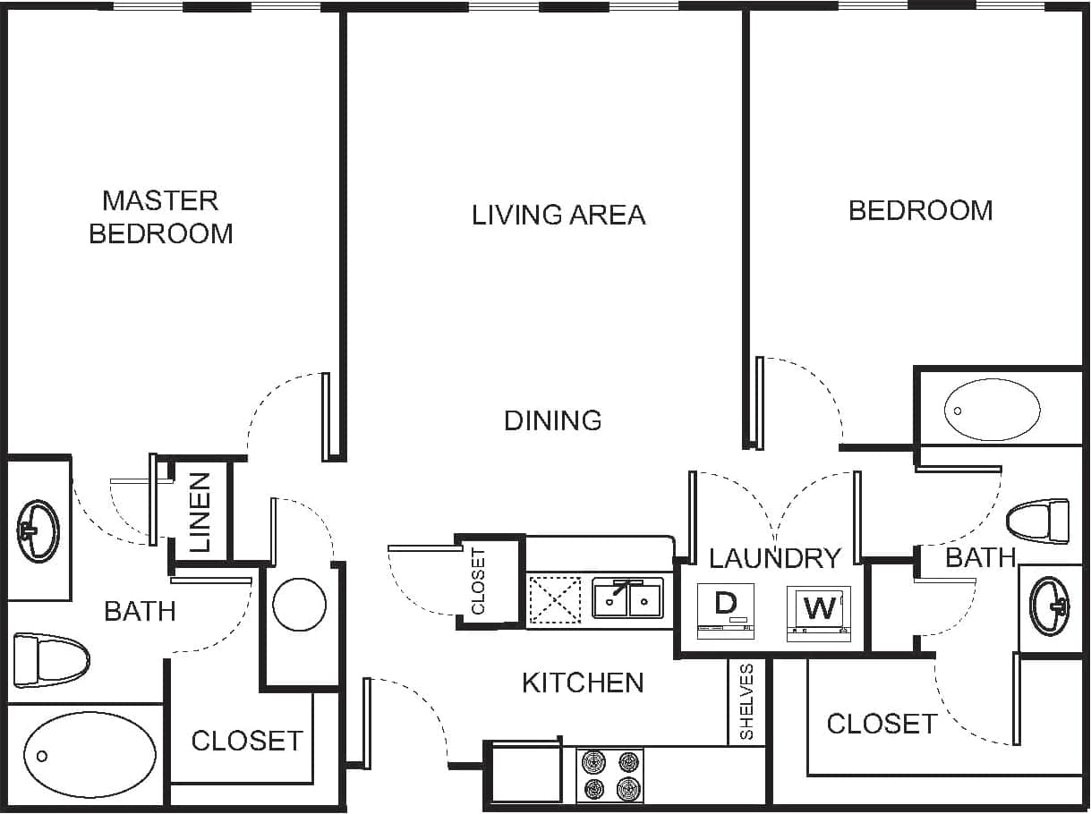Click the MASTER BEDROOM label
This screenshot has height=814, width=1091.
161,216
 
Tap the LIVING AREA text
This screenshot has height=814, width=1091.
558,215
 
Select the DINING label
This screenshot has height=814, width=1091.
553,420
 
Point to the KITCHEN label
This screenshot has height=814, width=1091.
583,683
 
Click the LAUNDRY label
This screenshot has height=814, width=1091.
775,558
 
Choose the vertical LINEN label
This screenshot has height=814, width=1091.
200,512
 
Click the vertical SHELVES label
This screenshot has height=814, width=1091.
747,702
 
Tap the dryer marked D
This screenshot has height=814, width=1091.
725,612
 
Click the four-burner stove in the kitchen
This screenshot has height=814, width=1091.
610,776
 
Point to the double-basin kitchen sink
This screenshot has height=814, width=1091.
627,599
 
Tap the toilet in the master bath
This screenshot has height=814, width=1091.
52,660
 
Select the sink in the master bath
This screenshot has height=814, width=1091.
38,531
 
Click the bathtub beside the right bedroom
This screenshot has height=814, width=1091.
993,410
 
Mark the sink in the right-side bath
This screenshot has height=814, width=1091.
1049,607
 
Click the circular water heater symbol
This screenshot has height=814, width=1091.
299,605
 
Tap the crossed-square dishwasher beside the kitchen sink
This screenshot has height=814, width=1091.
555,599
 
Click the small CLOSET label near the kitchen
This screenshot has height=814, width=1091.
478,581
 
